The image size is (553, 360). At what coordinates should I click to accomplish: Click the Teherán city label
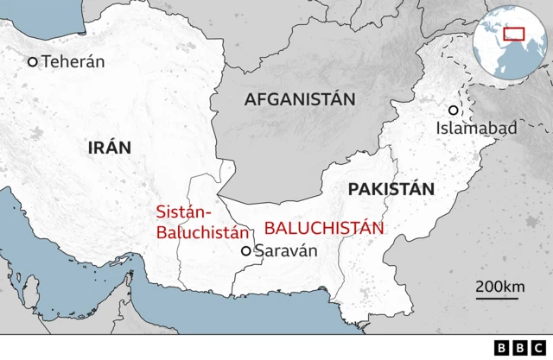(73, 61)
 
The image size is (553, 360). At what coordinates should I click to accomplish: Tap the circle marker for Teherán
(33, 61)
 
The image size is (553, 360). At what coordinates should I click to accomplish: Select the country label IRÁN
(110, 147)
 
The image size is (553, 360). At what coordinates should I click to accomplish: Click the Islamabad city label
(476, 129)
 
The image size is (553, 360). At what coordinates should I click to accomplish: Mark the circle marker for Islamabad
(453, 111)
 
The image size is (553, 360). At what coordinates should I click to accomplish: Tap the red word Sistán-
(183, 211)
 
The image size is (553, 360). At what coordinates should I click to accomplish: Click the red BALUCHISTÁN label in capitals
(323, 228)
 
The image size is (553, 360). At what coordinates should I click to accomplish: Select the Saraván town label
(287, 250)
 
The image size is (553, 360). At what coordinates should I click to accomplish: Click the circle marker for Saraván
(246, 250)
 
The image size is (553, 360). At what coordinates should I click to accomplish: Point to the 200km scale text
(499, 286)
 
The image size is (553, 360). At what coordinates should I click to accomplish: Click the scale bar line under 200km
(497, 299)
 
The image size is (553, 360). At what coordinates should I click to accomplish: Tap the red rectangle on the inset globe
(515, 33)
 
